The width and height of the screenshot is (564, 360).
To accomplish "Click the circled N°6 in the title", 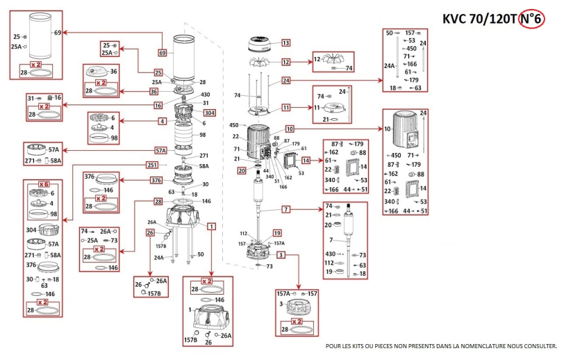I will (x=531, y=19).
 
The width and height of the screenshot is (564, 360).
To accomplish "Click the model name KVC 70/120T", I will (x=479, y=19).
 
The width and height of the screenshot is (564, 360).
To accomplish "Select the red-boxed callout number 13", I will (x=285, y=43).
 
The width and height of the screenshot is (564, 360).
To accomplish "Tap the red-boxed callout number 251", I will (x=152, y=165).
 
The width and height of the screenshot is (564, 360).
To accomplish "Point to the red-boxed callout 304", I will (x=209, y=113).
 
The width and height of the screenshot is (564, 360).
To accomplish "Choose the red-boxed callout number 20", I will (x=242, y=170).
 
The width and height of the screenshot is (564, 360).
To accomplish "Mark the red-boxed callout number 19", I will (x=276, y=233).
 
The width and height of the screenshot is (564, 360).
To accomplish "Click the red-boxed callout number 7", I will (x=285, y=208).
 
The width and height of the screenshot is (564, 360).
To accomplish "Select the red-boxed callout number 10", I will (x=290, y=129).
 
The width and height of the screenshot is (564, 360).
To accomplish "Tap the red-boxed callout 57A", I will (x=160, y=149).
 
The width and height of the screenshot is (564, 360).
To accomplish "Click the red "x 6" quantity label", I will (x=44, y=183).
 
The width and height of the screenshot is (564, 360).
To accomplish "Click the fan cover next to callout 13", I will (x=258, y=48).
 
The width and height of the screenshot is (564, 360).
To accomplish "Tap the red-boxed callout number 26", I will (x=149, y=233).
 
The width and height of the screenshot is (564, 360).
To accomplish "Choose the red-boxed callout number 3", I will (x=281, y=256).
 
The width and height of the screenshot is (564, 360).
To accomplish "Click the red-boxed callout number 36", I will (x=154, y=90).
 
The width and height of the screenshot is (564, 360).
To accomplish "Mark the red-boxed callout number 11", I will (x=285, y=108).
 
